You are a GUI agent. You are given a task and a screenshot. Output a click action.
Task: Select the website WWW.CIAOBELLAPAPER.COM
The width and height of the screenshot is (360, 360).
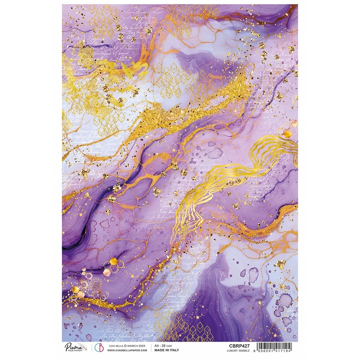127,350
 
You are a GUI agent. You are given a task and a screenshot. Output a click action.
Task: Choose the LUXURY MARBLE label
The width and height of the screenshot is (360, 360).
239,351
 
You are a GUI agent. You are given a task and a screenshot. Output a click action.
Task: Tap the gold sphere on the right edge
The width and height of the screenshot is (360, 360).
287,134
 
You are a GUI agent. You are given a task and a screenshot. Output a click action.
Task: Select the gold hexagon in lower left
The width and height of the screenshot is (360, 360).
114,261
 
